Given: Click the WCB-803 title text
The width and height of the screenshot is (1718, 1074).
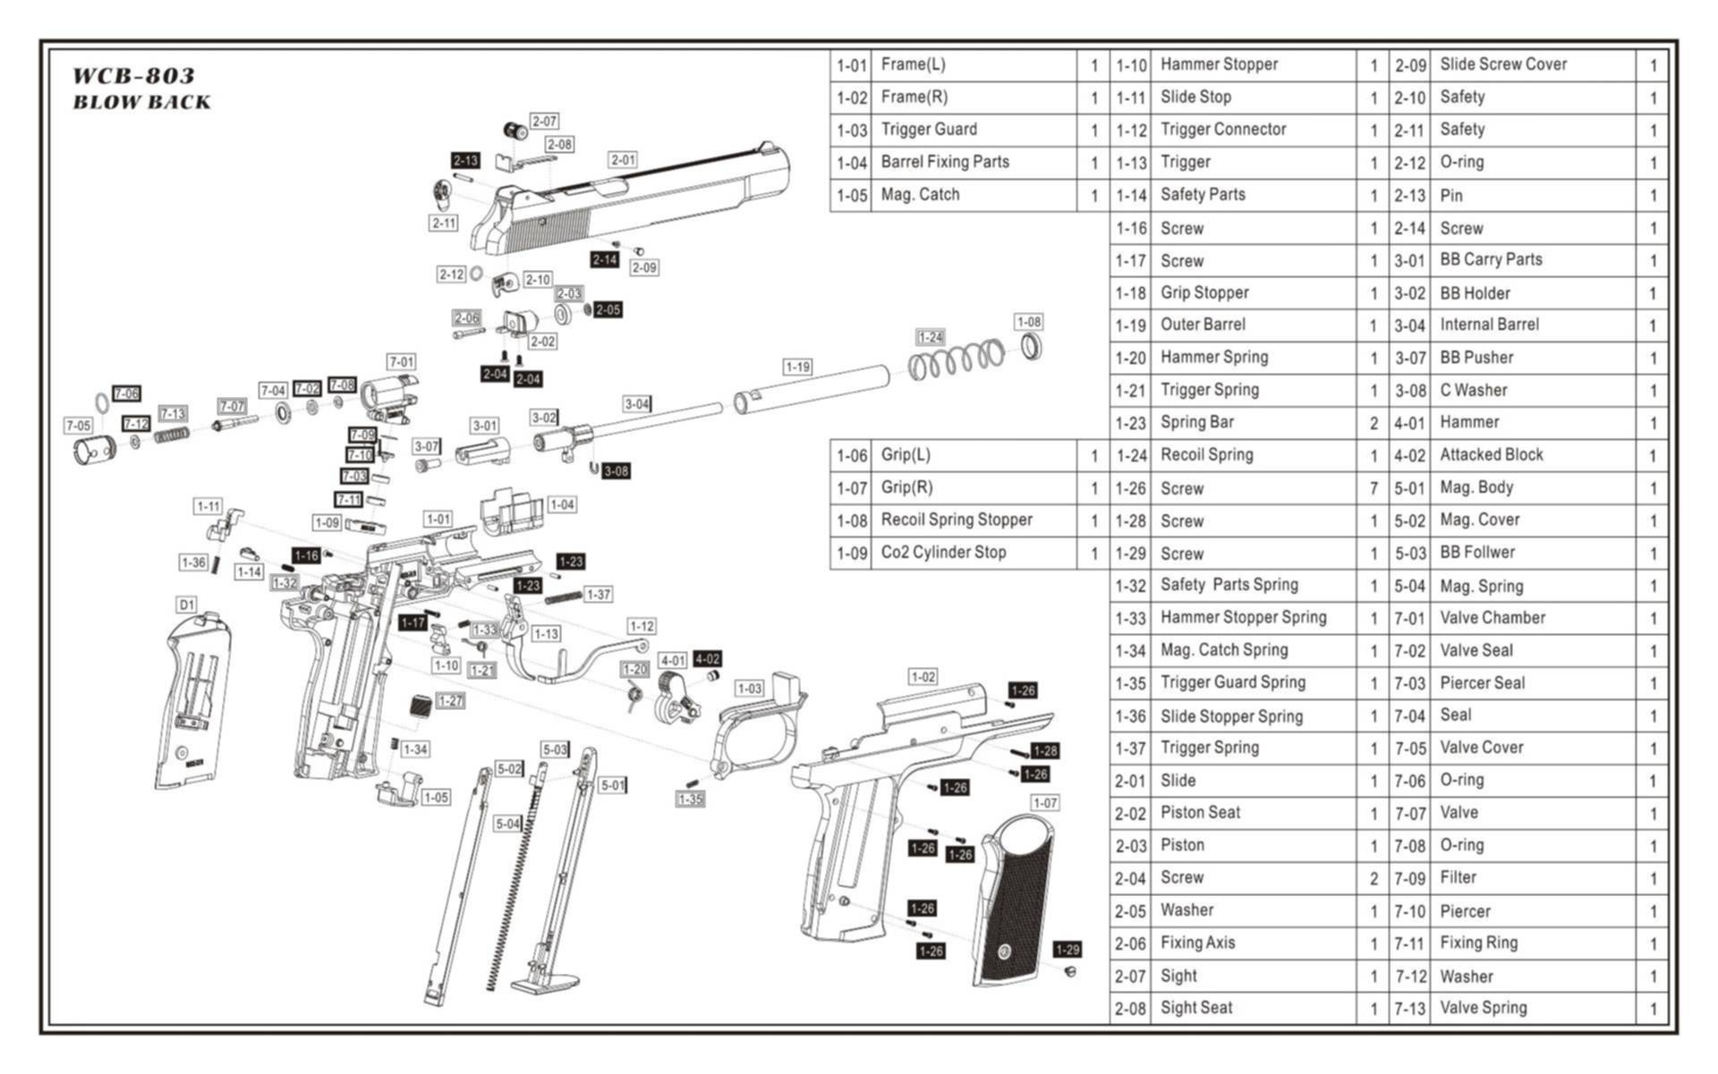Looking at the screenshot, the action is tap(133, 75).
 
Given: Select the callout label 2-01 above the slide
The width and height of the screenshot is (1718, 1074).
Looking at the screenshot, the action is tap(623, 160).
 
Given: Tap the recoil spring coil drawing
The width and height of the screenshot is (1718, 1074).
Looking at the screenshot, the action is tap(957, 359).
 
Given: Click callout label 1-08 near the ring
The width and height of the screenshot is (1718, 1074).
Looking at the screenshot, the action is tap(1028, 322).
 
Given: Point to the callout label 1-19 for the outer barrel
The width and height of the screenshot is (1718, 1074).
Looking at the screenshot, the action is tap(797, 367).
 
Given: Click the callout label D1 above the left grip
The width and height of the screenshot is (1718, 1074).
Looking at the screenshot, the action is tap(186, 605).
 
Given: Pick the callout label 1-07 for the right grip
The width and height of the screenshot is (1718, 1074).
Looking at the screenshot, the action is tap(1045, 803).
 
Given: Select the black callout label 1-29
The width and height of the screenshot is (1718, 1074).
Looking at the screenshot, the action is tap(1067, 950).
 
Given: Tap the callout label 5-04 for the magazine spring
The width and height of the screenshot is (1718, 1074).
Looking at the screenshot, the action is tap(507, 824).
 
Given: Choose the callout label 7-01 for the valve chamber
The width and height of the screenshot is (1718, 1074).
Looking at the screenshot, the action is tap(401, 361).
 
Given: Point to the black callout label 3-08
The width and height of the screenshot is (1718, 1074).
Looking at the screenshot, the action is tap(616, 471).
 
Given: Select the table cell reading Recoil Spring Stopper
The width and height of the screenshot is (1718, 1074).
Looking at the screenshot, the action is tap(957, 520).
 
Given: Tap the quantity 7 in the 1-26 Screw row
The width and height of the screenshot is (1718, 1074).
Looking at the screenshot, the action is tap(1374, 488).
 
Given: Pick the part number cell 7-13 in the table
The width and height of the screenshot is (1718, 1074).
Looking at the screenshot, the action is tap(1409, 1009).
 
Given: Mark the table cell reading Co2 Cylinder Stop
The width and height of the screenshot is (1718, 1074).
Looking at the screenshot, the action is tap(943, 553).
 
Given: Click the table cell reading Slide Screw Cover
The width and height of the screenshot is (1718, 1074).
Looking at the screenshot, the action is tap(1503, 64).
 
